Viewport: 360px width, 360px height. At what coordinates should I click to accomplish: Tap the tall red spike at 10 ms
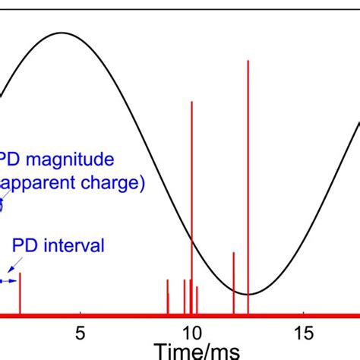(x=191, y=205)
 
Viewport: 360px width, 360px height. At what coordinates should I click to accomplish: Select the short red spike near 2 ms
(x=20, y=292)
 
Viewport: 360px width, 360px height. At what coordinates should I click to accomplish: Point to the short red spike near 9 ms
(x=168, y=296)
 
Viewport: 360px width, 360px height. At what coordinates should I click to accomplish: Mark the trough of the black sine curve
(x=248, y=295)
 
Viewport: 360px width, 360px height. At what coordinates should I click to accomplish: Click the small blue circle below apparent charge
(x=2, y=203)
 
